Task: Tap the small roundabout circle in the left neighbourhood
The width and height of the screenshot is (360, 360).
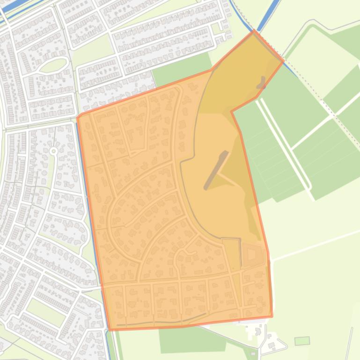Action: (x=53, y=151)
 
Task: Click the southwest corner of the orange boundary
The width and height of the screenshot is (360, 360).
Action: (x=110, y=330)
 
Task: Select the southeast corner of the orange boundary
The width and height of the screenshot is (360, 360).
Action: (x=272, y=317)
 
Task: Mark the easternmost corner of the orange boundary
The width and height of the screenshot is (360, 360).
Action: (x=283, y=61)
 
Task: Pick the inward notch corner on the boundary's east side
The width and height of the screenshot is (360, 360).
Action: (x=232, y=112)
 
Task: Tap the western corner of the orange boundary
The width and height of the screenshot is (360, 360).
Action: (x=77, y=117)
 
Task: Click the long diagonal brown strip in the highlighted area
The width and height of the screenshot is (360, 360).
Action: (x=216, y=170)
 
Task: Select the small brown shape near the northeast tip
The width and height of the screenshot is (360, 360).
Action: (x=261, y=83)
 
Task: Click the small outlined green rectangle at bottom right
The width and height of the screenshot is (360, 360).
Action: (x=302, y=341)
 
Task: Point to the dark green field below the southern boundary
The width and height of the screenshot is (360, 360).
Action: (x=192, y=340)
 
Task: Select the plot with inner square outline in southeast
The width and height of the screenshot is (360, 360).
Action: (x=252, y=254)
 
